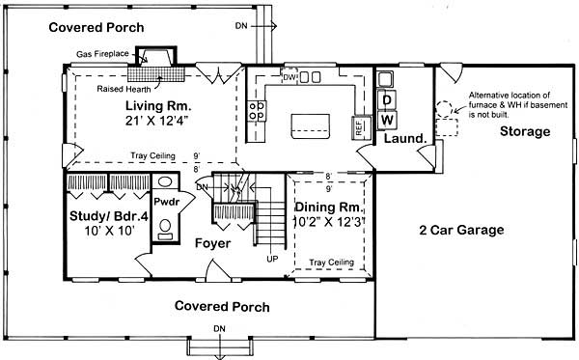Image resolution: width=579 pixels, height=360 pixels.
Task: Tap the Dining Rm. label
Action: coord(327,207)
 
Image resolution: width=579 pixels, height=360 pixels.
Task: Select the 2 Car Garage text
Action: coord(462,230)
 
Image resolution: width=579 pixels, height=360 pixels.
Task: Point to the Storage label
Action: coord(525,129)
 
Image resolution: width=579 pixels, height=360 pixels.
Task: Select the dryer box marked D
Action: coord(386,99)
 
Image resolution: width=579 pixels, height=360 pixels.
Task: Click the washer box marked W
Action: coord(386,119)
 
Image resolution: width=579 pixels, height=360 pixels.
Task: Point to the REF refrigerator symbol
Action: coord(358,126)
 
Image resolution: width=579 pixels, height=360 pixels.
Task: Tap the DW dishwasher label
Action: coord(289,76)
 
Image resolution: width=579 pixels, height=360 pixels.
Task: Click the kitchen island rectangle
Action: coord(309,122)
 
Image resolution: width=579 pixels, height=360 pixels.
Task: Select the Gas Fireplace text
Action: coord(104,56)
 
